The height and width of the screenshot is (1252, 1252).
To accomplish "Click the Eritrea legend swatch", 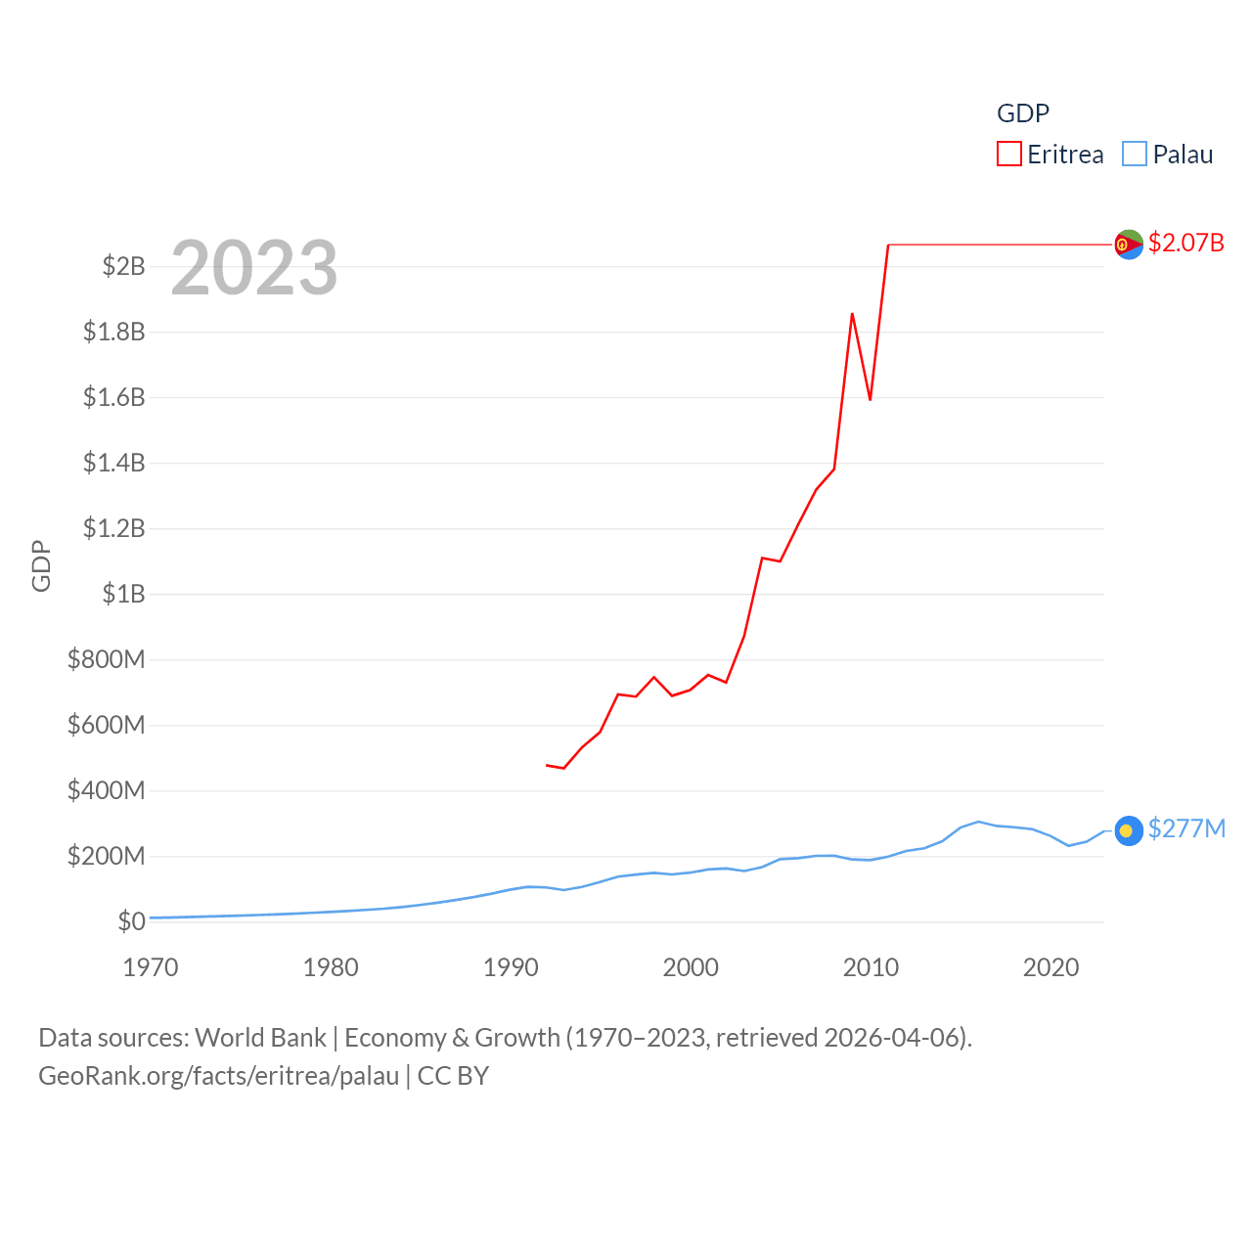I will (x=1009, y=155).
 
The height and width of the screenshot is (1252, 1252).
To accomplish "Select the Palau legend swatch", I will (x=1135, y=155).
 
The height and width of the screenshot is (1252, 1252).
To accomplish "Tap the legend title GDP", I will (x=1023, y=113).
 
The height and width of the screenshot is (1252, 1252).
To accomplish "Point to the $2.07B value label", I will (x=1185, y=243).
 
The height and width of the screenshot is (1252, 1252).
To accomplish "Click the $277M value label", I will (x=1186, y=829).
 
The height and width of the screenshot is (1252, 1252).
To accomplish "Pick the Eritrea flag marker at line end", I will (x=1129, y=245).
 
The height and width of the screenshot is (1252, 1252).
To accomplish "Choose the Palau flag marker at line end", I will (x=1129, y=830).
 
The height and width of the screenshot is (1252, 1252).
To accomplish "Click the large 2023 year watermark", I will (x=254, y=268).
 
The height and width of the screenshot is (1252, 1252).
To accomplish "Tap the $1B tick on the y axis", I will (x=123, y=594).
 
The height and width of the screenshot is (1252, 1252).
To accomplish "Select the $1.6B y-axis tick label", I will (x=114, y=397).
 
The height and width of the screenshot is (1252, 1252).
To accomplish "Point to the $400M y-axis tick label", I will (x=107, y=790).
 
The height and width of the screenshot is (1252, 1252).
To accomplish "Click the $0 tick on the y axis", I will (x=131, y=921).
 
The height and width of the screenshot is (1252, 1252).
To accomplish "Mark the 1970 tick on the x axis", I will (x=151, y=967).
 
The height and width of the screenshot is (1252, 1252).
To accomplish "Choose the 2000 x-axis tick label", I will (x=691, y=967).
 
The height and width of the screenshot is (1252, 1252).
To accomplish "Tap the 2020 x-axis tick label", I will (x=1051, y=967).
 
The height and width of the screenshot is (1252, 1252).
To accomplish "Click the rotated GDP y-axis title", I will (x=41, y=565).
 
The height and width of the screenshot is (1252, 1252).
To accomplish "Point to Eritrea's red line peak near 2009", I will (x=852, y=314).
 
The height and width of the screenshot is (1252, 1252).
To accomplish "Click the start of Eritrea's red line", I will (x=547, y=765).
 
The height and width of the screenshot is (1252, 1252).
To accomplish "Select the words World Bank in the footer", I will (x=260, y=1038).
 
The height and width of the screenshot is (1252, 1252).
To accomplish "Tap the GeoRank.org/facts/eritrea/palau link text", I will (x=218, y=1076).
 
